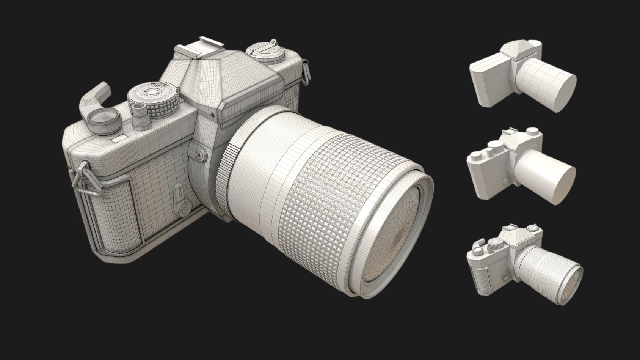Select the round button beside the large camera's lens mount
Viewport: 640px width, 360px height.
tap(199, 154)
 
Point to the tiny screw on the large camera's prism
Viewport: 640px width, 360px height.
tap(213, 114)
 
